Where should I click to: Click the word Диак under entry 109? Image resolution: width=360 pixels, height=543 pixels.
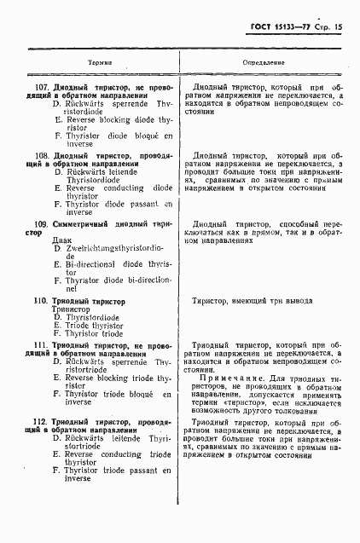[63, 240]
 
